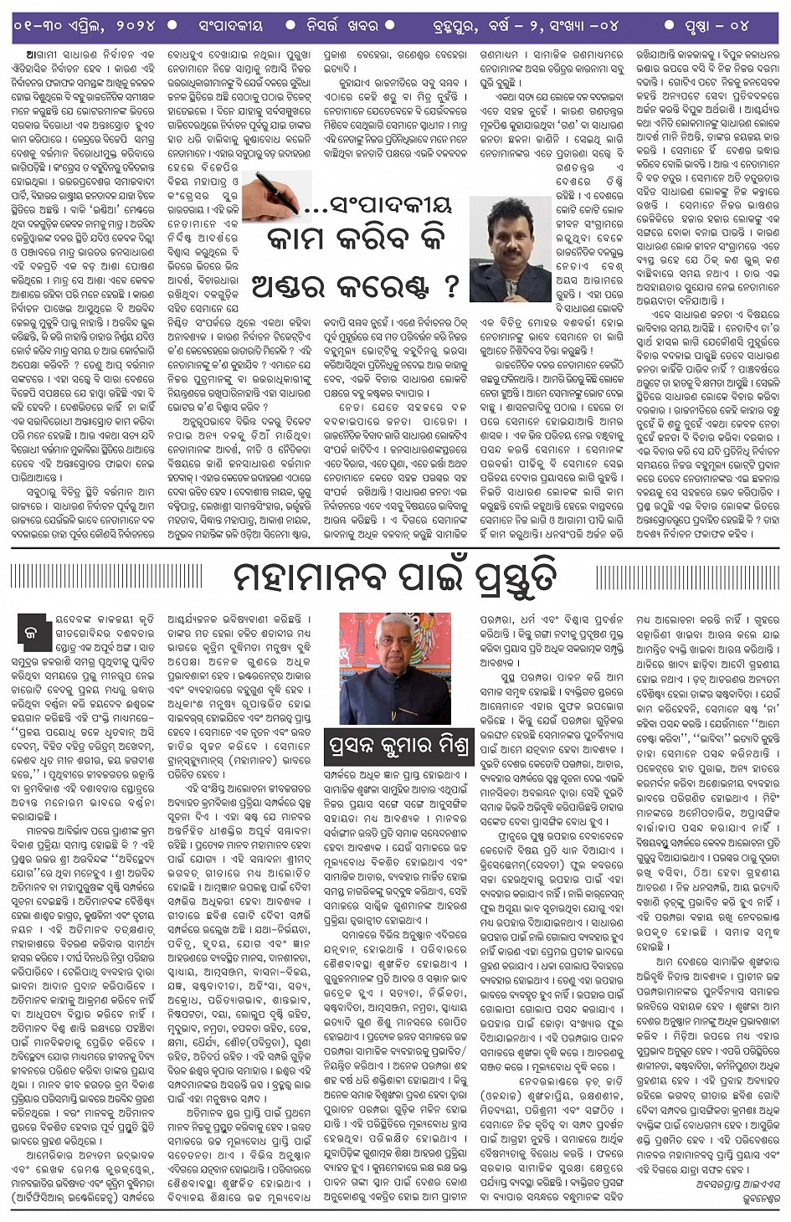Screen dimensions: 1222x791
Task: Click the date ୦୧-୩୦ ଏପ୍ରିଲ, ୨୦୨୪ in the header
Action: click(x=84, y=26)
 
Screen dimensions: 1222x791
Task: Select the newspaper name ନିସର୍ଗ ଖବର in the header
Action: click(x=339, y=26)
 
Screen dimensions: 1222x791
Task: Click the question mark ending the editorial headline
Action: click(x=452, y=287)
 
